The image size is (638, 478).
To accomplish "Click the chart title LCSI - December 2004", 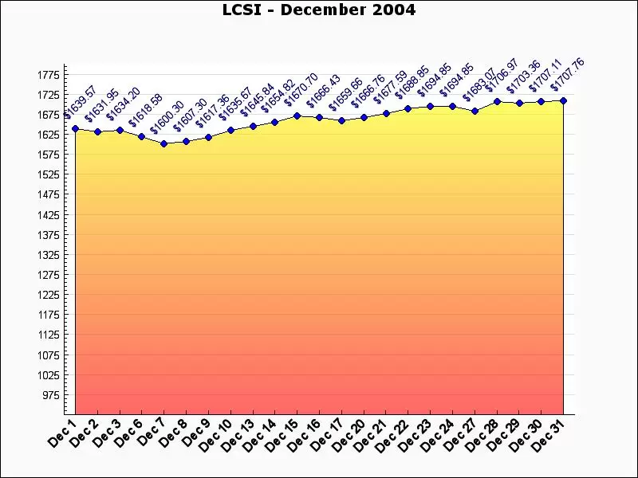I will pos(319,10).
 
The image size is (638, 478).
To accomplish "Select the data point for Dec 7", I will pos(163,144).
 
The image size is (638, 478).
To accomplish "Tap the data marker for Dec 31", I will pos(563,100).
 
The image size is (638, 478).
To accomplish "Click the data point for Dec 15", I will pos(297,116).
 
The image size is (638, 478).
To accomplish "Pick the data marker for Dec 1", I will pos(75,128).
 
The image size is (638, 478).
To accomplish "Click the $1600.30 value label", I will pos(167,117).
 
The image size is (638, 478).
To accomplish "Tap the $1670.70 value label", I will pos(301,89).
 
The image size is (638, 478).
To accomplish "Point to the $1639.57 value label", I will pos(79,101).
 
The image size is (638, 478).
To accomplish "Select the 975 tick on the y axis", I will pos(49,395).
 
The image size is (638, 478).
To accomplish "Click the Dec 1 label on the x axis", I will pos(62,433).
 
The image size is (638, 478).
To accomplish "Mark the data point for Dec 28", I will pos(497,101).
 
